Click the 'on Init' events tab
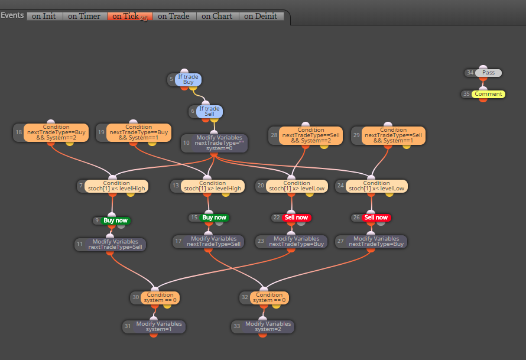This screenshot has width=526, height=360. pos(44,16)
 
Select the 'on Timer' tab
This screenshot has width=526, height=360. pos(85,16)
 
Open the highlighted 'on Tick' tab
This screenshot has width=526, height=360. pos(130,16)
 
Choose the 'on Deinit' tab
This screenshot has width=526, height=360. pos(261,16)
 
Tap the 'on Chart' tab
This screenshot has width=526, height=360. pos(217,16)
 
